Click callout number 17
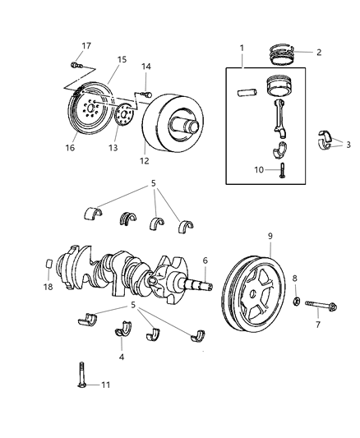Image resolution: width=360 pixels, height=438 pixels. pyautogui.click(x=86, y=46)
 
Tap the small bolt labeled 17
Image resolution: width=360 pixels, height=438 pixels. pyautogui.click(x=76, y=64)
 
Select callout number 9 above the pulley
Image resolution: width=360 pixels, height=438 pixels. pyautogui.click(x=269, y=237)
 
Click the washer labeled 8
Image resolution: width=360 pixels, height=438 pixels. pyautogui.click(x=295, y=304)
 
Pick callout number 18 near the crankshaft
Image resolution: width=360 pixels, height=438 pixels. pyautogui.click(x=46, y=287)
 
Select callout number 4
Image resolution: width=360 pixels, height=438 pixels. pyautogui.click(x=122, y=357)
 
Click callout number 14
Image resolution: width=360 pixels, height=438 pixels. pyautogui.click(x=146, y=67)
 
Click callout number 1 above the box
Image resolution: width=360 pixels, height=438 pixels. pyautogui.click(x=242, y=48)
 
